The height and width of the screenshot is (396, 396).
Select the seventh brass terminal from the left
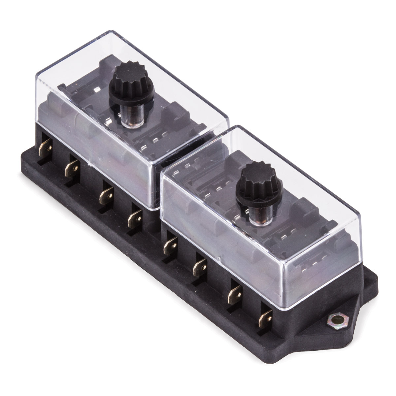[x=235, y=292]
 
